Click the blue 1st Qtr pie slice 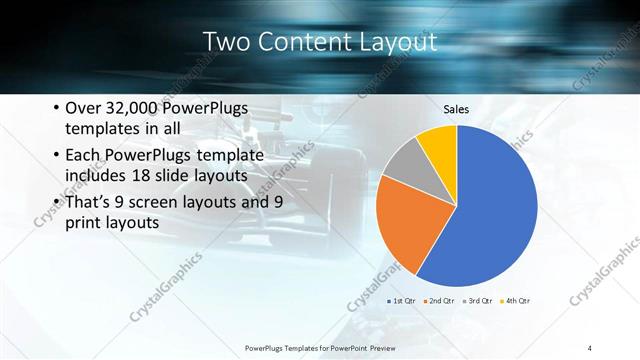click(490, 210)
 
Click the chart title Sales click(456, 109)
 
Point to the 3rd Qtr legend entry click(477, 301)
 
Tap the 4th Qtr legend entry click(515, 301)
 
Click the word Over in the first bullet click(82, 109)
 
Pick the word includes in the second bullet click(97, 177)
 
